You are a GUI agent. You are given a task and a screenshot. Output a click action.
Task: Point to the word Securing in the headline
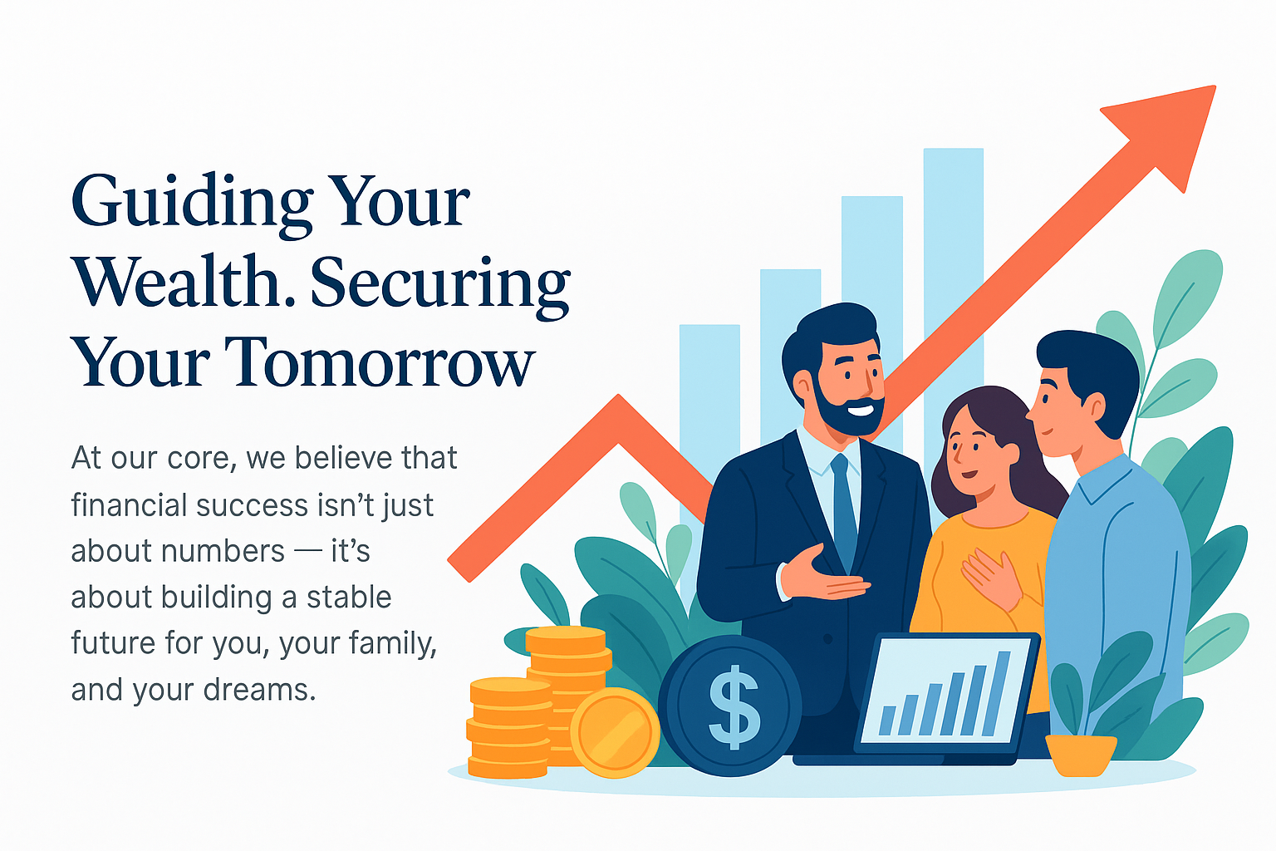pos(439,288)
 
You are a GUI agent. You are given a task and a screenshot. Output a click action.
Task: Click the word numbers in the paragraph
pos(223,551)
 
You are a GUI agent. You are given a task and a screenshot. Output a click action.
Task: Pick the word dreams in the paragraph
pos(259,689)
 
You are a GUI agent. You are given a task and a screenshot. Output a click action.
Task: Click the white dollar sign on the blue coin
pos(734,706)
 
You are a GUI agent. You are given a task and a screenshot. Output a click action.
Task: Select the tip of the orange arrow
pos(1215,86)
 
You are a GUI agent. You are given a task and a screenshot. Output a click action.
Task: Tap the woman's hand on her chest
pos(990,576)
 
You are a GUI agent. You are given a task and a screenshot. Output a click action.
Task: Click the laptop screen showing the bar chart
pos(945,691)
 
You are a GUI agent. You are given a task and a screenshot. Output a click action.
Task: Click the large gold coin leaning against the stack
pos(615,732)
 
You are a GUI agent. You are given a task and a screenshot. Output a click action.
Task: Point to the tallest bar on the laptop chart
pos(996,693)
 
